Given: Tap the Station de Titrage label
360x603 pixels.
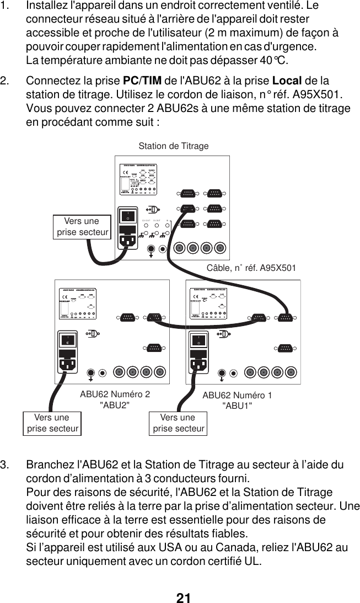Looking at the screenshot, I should (174, 146).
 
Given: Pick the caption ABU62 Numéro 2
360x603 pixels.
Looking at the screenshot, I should (115, 394).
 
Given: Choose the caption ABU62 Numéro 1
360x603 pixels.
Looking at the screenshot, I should (237, 395).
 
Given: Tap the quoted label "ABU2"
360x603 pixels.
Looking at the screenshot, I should (115, 405).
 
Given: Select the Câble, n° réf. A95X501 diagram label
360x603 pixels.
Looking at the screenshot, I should (251, 268).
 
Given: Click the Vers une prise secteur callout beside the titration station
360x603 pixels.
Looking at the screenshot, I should (82, 227).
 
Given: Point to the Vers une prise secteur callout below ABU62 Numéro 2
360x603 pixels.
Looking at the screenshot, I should (52, 423).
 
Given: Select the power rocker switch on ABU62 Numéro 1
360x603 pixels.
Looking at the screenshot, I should (198, 340).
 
